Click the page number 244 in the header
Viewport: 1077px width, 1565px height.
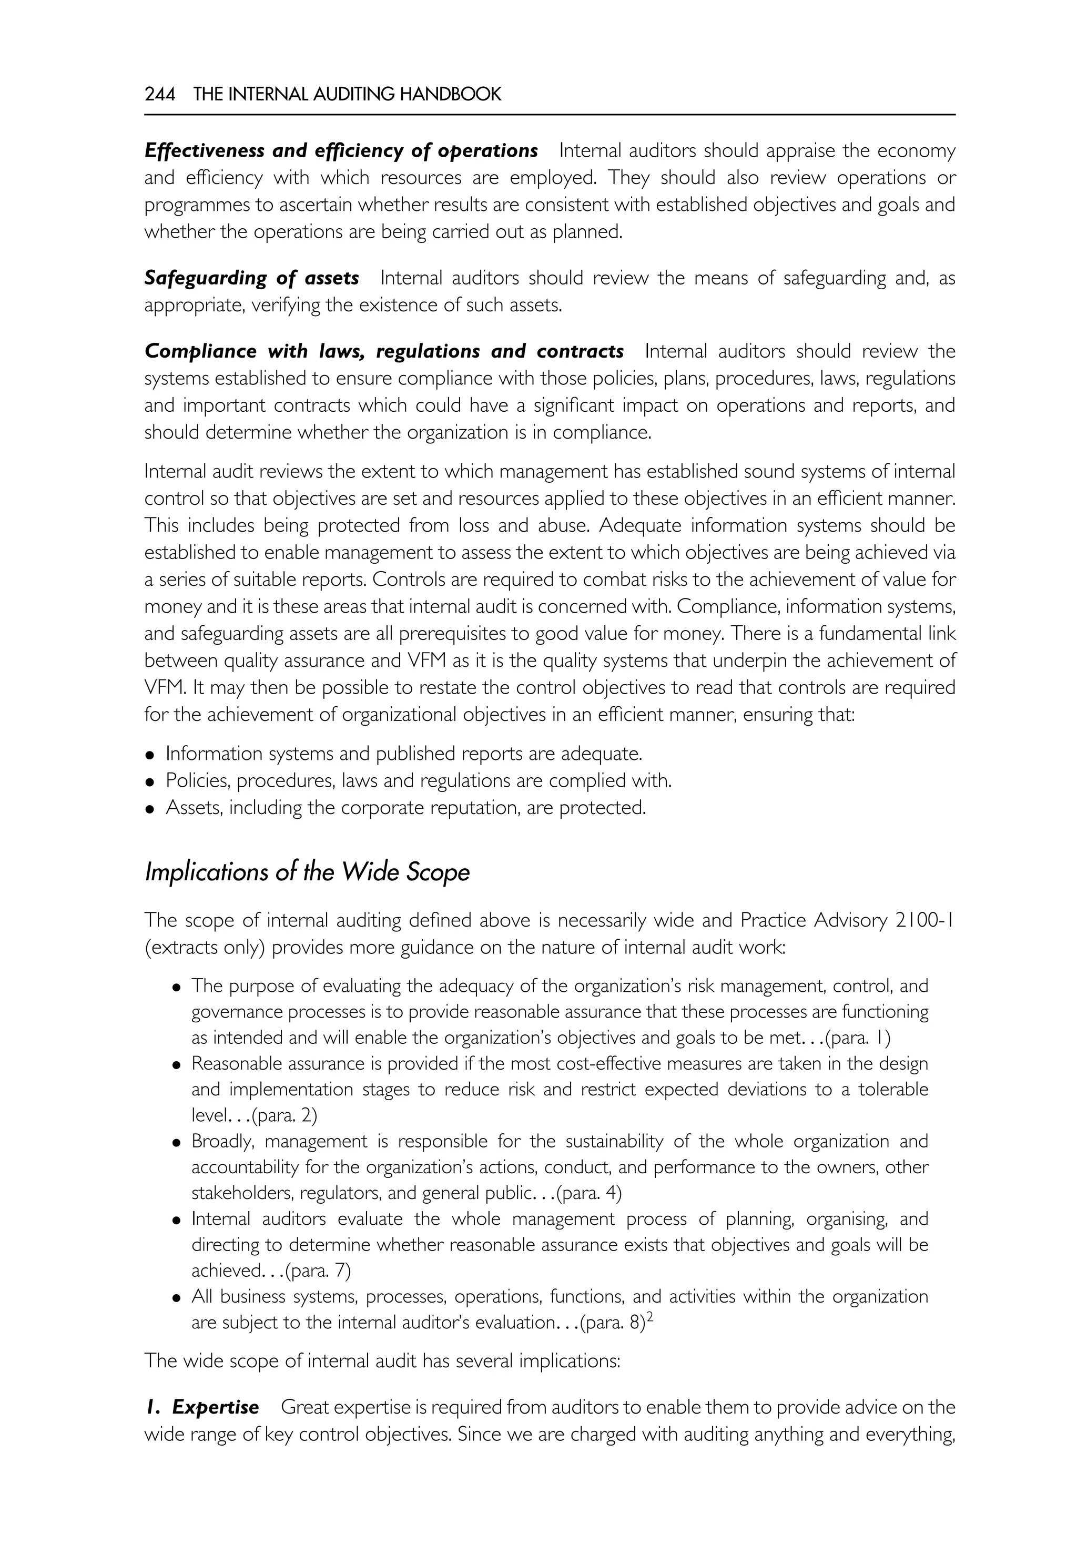[159, 95]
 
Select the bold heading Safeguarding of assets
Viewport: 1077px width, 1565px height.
[252, 278]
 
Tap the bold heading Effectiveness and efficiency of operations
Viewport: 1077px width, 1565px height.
[341, 150]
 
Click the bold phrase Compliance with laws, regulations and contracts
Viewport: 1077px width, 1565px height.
[384, 352]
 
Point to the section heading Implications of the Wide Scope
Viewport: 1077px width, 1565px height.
[307, 872]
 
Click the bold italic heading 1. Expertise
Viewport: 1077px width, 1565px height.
[202, 1407]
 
